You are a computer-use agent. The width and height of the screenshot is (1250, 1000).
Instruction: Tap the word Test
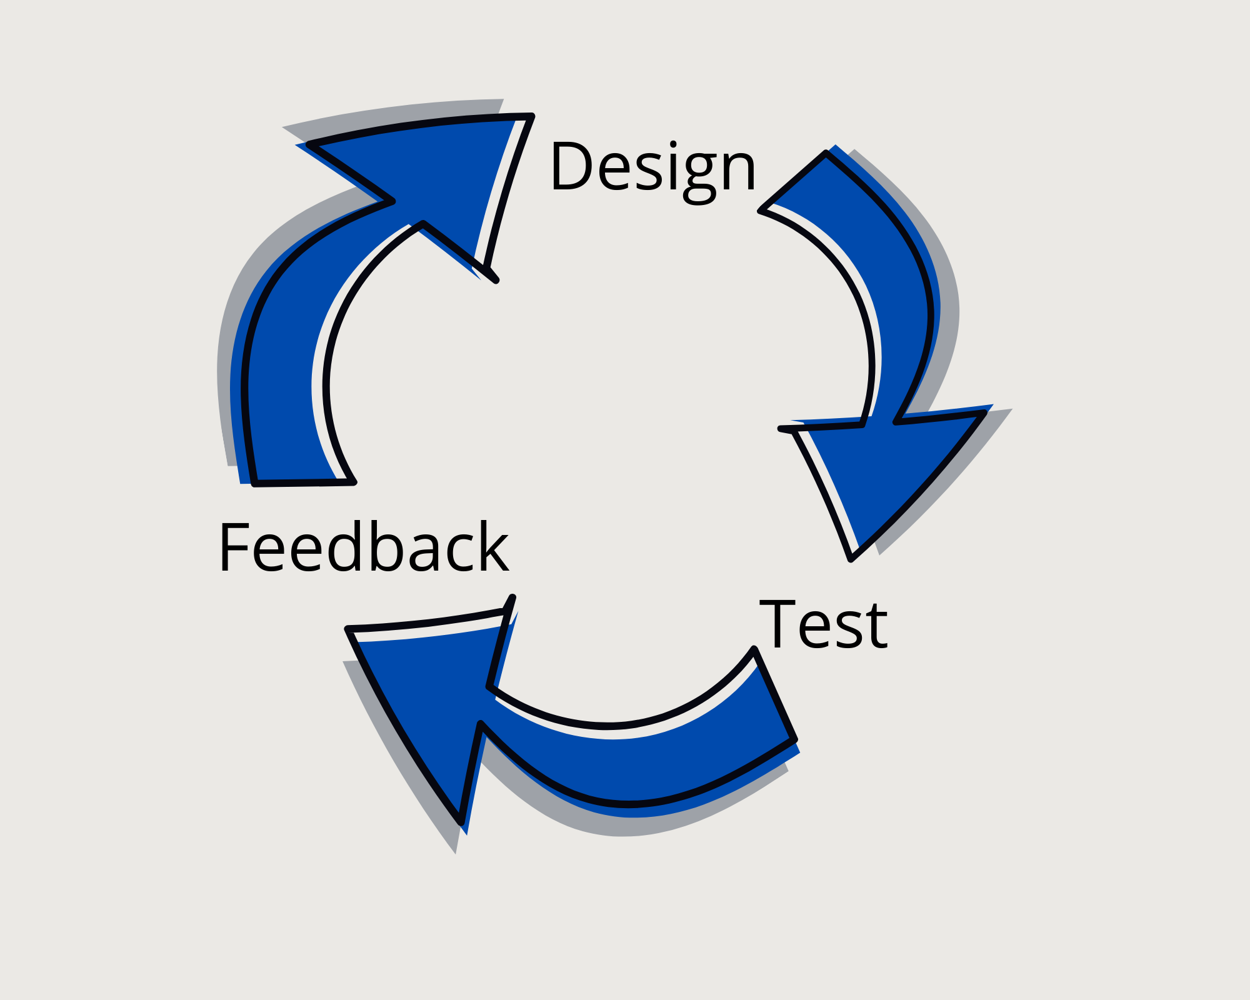[823, 624]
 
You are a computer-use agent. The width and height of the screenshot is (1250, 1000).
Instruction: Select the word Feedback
[363, 547]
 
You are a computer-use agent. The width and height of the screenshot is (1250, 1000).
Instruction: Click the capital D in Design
[570, 166]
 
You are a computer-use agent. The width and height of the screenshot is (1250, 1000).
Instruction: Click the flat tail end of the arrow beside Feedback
[304, 482]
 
